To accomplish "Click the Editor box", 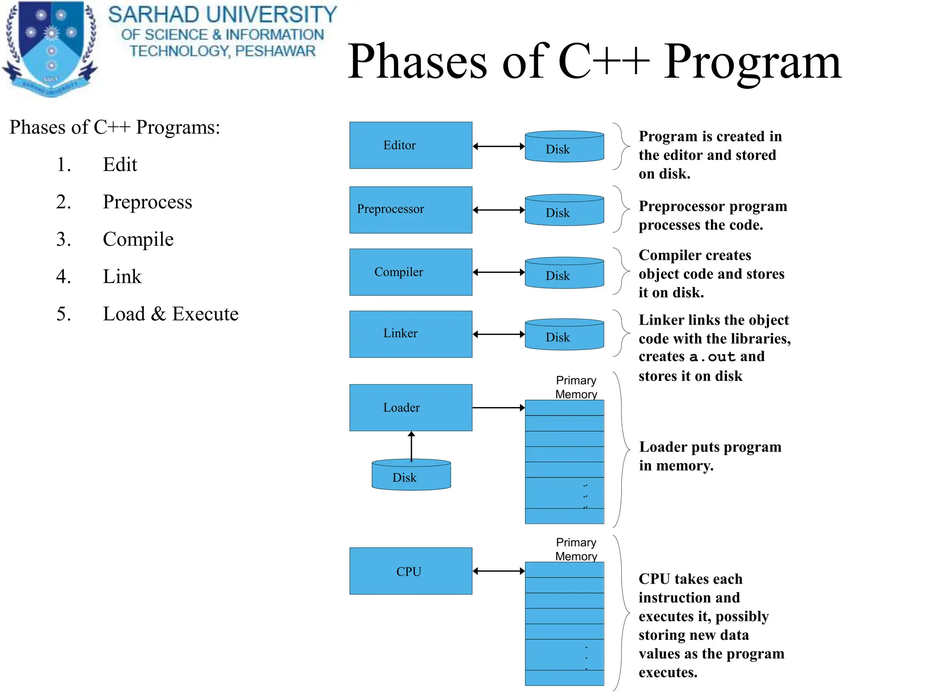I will coord(410,145).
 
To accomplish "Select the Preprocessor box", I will coord(410,210).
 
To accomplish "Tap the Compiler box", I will coord(410,272).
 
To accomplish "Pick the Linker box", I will coord(410,334).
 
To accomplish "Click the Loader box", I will coord(410,407).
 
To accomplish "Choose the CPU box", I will coord(410,571).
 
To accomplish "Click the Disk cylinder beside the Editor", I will coord(564,147).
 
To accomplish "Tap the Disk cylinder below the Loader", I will coord(411,475).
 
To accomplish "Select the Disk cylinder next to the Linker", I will coord(564,335).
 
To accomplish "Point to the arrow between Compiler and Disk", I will coord(498,272).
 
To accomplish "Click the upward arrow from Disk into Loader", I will coord(411,447).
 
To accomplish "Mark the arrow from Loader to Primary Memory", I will coord(498,407).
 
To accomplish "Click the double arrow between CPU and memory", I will coord(498,571).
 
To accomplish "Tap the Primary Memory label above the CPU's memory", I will coord(576,549).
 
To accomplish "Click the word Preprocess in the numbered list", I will coord(147,202).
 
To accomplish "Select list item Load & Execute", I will coord(170,314).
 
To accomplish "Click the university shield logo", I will coord(50,48).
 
